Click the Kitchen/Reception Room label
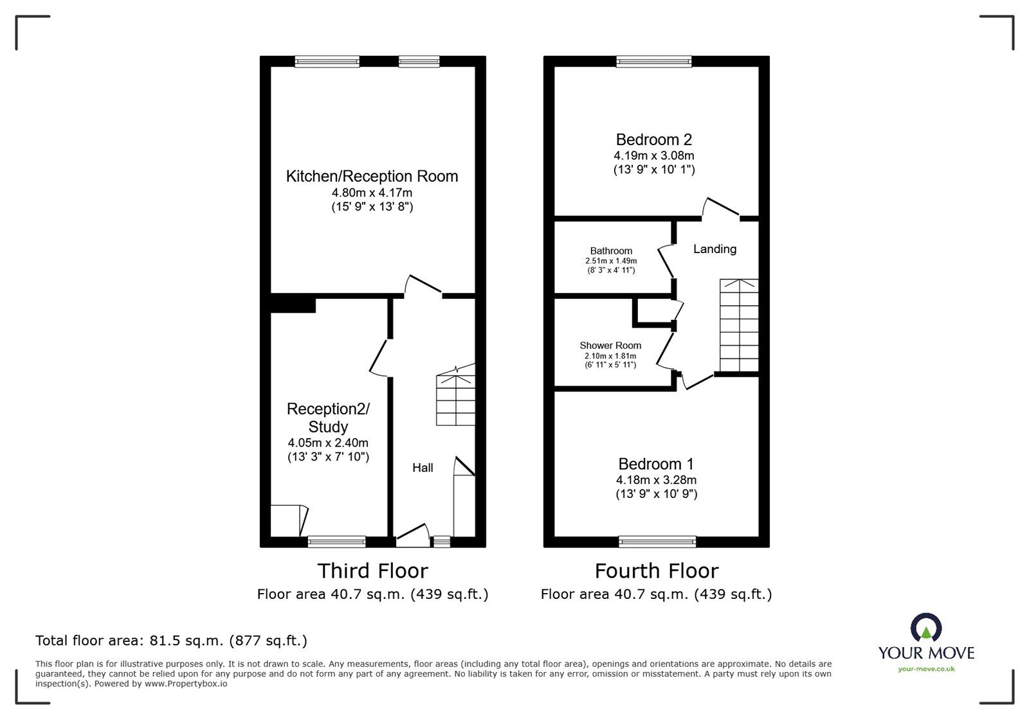point(372,176)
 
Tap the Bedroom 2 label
point(653,139)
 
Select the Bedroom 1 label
point(655,464)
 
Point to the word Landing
point(715,249)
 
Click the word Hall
point(423,468)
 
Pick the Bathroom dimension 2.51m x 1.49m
point(611,261)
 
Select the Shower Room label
point(610,346)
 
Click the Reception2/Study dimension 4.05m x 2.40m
point(328,443)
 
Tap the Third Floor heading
point(372,571)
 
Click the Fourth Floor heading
point(657,571)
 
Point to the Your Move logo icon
point(926,627)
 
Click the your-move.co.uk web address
point(926,669)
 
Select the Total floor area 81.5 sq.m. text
point(171,641)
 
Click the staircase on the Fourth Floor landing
point(739,325)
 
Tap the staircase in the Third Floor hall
point(456,395)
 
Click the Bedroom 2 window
point(653,62)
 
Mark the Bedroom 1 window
point(657,542)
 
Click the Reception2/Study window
point(337,542)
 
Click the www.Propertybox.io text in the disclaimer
point(186,684)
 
